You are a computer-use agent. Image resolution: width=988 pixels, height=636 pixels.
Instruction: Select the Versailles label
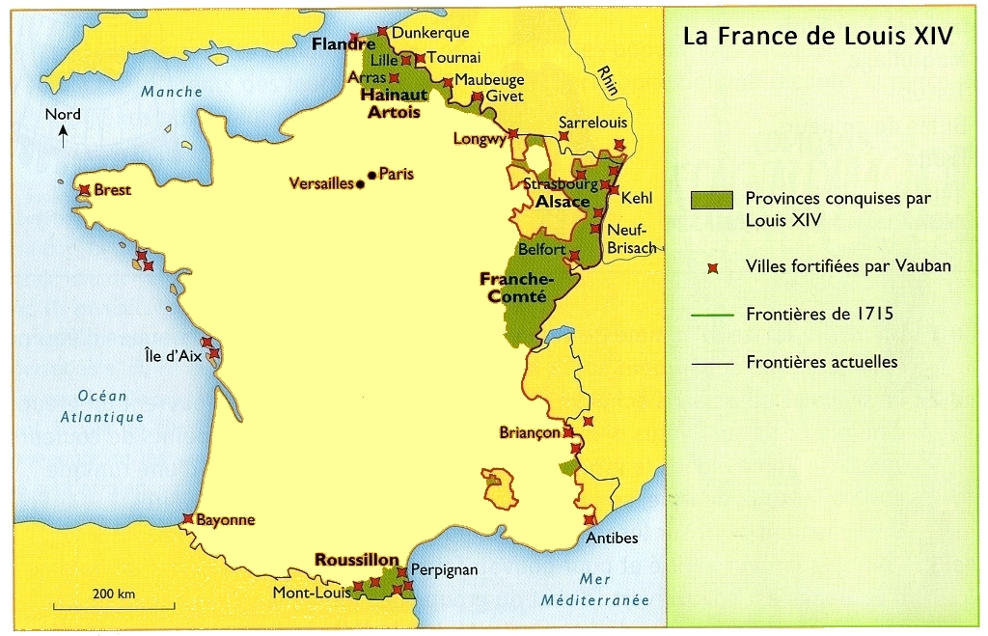click(x=322, y=183)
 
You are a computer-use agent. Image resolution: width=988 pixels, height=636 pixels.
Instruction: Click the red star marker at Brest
click(x=85, y=190)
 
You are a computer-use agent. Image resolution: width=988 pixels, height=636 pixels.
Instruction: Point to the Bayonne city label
click(x=225, y=519)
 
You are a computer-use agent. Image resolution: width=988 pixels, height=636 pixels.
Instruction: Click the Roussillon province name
click(x=356, y=559)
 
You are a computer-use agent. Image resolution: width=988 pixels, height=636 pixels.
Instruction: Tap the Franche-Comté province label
click(x=513, y=287)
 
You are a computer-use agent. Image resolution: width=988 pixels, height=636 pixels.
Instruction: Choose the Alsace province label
click(x=563, y=202)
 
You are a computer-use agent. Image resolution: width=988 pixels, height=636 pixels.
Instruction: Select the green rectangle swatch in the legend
click(x=711, y=200)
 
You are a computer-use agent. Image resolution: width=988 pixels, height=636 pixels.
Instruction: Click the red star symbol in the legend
click(x=713, y=267)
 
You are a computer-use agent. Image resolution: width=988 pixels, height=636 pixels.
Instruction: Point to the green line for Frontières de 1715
click(x=711, y=314)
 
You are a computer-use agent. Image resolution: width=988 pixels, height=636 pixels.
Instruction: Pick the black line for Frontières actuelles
click(x=711, y=363)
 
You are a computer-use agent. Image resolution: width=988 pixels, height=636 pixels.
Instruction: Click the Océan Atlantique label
click(x=101, y=406)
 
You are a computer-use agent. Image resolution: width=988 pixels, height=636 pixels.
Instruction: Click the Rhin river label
click(x=608, y=79)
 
